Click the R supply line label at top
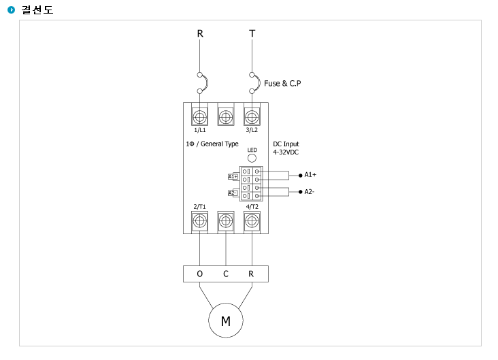pyautogui.click(x=200, y=33)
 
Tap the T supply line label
pyautogui.click(x=252, y=33)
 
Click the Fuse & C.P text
pyautogui.click(x=282, y=83)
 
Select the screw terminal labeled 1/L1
pyautogui.click(x=199, y=116)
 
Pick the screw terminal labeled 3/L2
pyautogui.click(x=252, y=116)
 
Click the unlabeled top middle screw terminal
pyautogui.click(x=226, y=116)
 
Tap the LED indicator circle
pyautogui.click(x=252, y=158)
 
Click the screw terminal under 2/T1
pyautogui.click(x=199, y=220)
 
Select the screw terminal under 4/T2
pyautogui.click(x=252, y=220)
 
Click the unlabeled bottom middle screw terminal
pyautogui.click(x=226, y=220)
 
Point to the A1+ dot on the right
pyautogui.click(x=301, y=176)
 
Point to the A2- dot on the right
pyautogui.click(x=301, y=192)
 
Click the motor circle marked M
pyautogui.click(x=226, y=321)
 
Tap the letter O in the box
pyautogui.click(x=199, y=274)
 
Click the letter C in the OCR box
pyautogui.click(x=226, y=274)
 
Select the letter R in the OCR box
pyautogui.click(x=251, y=274)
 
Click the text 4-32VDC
pyautogui.click(x=286, y=152)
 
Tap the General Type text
pyautogui.click(x=220, y=144)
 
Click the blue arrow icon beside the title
pyautogui.click(x=11, y=10)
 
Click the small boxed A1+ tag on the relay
pyautogui.click(x=233, y=176)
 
